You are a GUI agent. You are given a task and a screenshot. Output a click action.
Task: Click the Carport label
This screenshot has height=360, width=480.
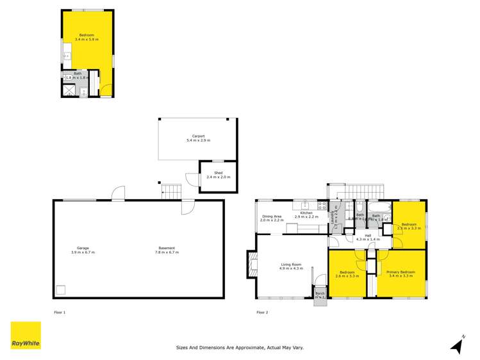(198, 136)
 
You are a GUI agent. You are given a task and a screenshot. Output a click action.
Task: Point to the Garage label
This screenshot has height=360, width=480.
(83, 249)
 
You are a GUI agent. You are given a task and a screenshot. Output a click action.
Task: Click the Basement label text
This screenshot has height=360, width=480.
(167, 249)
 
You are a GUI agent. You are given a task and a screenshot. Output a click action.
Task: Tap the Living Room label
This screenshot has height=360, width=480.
(291, 264)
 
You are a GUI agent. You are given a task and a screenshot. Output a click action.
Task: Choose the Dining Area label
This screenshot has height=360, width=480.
(272, 217)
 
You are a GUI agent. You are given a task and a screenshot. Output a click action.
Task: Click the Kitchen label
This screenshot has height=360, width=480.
(306, 213)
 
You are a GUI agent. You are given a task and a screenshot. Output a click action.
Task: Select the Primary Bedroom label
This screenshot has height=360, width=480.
(402, 272)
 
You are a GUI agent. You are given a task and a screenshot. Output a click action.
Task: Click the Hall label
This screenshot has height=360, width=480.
(368, 235)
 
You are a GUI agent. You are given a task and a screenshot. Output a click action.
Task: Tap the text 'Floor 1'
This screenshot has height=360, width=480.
(60, 313)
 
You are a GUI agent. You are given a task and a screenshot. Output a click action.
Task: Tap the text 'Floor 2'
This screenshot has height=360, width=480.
(262, 313)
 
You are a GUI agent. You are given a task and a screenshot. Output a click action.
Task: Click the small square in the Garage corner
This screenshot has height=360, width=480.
(61, 290)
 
